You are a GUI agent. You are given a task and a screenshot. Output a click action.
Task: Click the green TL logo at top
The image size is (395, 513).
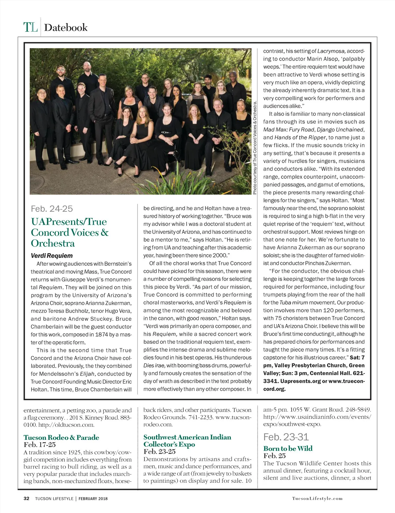30,27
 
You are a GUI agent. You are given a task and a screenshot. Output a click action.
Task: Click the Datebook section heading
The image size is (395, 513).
66,27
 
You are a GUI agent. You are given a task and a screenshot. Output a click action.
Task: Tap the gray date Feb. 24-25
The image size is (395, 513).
52,209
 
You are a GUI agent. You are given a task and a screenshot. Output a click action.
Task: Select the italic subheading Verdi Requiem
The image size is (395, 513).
52,256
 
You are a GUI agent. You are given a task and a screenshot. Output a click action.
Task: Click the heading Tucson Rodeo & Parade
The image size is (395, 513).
61,437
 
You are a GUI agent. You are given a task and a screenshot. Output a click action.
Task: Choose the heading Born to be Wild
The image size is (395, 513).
288,448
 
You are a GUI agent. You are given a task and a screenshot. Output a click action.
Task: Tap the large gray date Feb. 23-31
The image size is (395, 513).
286,437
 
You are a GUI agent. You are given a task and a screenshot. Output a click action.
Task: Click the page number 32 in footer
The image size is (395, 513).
26,499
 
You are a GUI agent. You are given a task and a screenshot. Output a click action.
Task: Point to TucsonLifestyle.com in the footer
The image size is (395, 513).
317,499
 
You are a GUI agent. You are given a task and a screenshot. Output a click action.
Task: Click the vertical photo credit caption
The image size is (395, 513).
254,148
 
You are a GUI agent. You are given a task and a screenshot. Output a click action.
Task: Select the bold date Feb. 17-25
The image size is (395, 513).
39,445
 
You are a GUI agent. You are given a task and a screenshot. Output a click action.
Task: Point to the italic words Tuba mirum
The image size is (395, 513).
294,303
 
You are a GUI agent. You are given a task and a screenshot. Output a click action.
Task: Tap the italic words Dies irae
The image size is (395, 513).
154,365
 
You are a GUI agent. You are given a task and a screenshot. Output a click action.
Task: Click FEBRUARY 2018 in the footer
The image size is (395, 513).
93,499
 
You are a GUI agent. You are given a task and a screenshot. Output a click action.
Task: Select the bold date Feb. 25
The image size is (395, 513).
274,456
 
